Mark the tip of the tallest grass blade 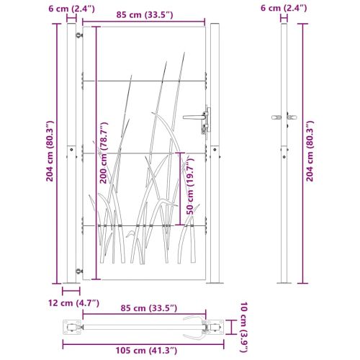tap(168, 63)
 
